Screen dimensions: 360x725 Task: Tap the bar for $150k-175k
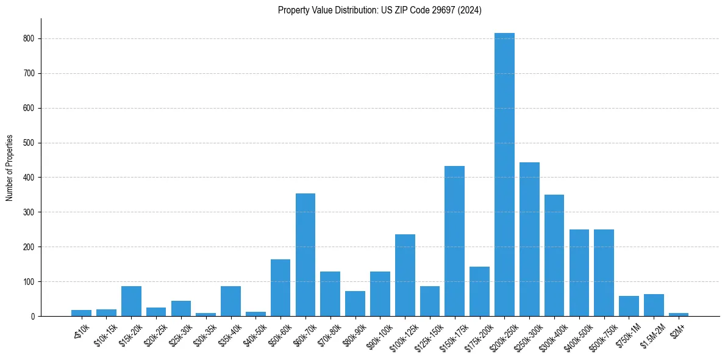(454, 241)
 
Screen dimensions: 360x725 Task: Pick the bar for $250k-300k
(529, 239)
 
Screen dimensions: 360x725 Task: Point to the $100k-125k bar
(405, 275)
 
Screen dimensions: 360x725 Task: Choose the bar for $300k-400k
(554, 256)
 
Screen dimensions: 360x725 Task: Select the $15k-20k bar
(131, 301)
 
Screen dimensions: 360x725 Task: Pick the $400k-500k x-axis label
(576, 335)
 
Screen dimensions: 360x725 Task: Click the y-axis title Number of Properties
(10, 168)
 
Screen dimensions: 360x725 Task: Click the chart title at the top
(380, 10)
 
